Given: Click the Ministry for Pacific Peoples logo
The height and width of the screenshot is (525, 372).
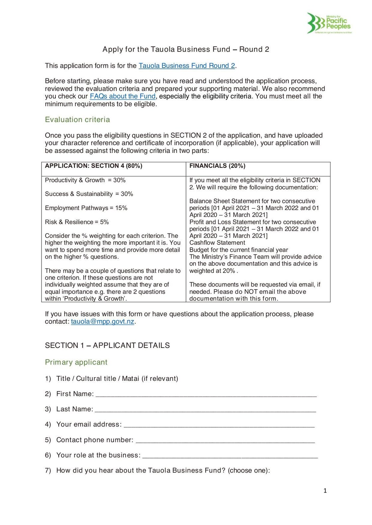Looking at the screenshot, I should [329, 23].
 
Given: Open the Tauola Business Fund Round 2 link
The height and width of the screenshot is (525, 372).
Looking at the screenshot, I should [187, 66].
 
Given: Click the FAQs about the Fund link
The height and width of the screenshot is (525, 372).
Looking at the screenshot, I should [123, 96].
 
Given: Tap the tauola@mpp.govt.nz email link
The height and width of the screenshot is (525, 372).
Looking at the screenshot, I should [103, 321].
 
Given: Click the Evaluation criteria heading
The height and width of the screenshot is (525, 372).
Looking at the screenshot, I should [77, 119].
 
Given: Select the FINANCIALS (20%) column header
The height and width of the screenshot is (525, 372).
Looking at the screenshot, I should [217, 166].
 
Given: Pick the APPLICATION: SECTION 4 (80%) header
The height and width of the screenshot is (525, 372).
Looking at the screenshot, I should [94, 166].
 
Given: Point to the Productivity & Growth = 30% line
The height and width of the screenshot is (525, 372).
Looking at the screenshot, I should [85, 180].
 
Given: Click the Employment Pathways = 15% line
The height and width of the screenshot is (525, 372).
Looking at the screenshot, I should [86, 208].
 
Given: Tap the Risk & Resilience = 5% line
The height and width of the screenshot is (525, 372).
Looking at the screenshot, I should [77, 222].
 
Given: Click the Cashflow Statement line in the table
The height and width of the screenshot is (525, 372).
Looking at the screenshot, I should [217, 243].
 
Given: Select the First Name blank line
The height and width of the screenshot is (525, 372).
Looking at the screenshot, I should [206, 395].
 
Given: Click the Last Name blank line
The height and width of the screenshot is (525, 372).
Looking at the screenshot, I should [205, 410].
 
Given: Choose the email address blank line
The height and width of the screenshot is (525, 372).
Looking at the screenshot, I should [219, 425].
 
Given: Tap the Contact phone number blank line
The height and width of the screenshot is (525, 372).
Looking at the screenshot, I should [225, 441].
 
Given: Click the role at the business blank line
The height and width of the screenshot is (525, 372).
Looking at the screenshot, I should [230, 456].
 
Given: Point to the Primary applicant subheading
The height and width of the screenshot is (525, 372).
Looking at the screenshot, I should [76, 362].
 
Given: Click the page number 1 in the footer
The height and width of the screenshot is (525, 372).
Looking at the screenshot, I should [325, 491].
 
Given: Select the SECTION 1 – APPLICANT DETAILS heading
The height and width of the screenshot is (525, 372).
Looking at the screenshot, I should [107, 345].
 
